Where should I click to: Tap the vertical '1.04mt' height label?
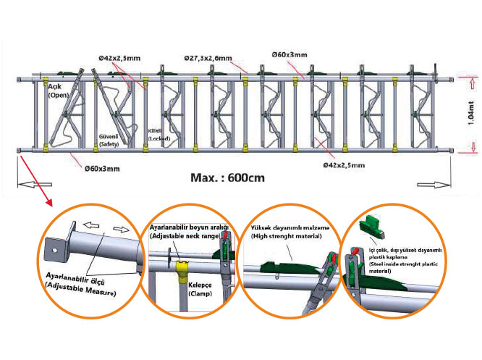click(x=470, y=113)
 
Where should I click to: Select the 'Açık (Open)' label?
click(x=58, y=91)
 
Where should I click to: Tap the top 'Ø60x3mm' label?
click(x=289, y=54)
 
